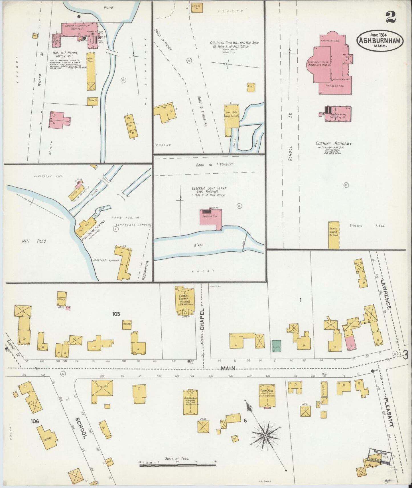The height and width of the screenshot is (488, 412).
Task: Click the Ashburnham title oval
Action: [380, 41]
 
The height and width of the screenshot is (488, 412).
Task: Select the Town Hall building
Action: [267, 395]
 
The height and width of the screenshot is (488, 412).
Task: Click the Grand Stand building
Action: [334, 235]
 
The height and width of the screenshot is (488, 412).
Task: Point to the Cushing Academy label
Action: [333, 144]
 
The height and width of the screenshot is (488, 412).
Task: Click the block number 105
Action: [116, 314]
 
